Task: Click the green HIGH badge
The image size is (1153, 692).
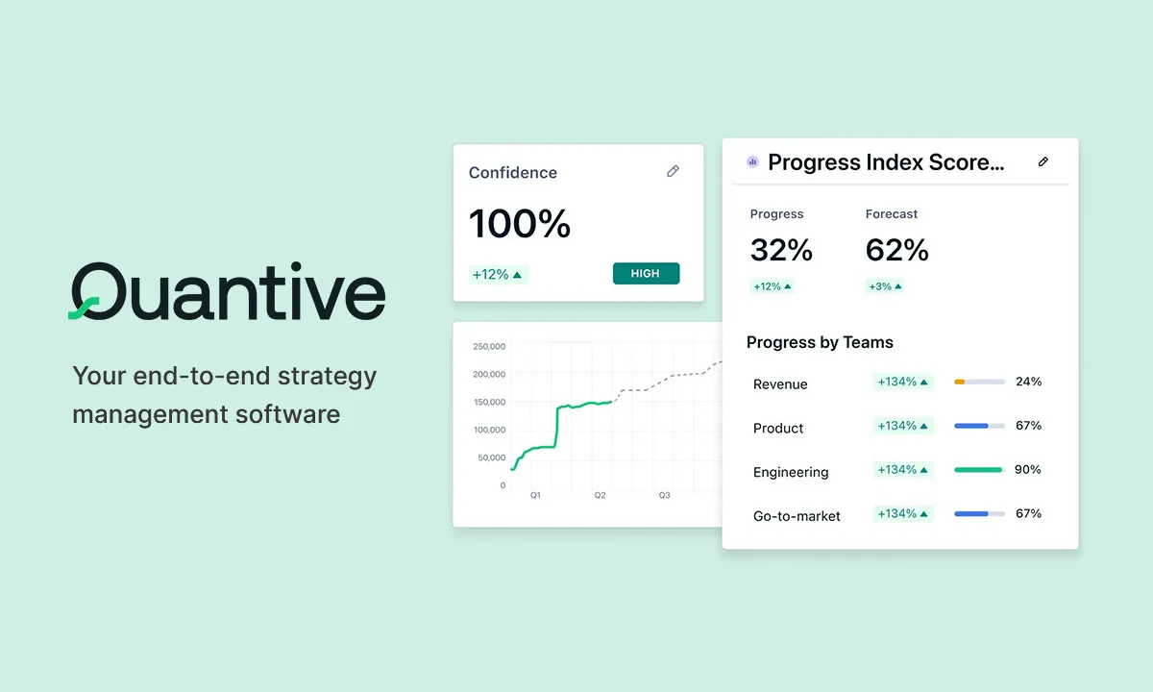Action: [646, 274]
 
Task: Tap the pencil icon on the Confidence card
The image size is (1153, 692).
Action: [673, 171]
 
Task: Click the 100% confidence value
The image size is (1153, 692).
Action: [520, 225]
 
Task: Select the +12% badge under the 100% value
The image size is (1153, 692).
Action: [498, 275]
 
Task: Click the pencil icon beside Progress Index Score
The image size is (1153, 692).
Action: [1043, 162]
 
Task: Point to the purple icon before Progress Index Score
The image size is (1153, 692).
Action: [752, 162]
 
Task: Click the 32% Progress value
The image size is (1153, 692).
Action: [781, 251]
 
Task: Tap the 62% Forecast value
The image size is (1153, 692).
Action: [896, 251]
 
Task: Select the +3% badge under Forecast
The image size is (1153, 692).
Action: [885, 286]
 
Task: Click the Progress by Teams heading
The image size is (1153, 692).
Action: [820, 342]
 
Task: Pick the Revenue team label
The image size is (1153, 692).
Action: [780, 384]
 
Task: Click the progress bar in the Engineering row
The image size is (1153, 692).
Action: [979, 470]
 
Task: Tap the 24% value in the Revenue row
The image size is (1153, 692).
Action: [1028, 382]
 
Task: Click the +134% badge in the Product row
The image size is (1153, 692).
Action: [902, 426]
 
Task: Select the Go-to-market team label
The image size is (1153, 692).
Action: [797, 516]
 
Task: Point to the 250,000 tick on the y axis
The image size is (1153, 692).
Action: [490, 347]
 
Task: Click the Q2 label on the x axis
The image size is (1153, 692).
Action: [600, 496]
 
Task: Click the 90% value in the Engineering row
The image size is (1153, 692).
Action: [1028, 470]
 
